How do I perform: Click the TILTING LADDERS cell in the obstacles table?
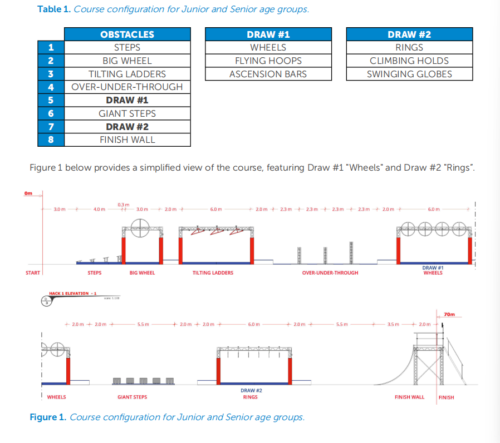tap(127, 74)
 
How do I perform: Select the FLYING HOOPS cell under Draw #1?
tap(268, 61)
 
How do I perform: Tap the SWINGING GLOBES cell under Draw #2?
tap(409, 74)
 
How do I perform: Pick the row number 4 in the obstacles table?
tap(51, 87)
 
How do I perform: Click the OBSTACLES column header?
tap(127, 34)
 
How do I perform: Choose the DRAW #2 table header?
tap(409, 34)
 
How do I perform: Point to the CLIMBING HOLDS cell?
tap(409, 61)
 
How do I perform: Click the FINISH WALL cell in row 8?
tap(127, 140)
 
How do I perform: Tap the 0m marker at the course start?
tap(28, 193)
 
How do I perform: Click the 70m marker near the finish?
tap(449, 315)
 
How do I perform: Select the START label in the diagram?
tap(33, 273)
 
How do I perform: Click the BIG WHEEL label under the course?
tap(142, 273)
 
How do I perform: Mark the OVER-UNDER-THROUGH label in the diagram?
tap(330, 273)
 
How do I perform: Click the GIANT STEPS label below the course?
tap(132, 397)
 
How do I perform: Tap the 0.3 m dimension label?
tap(123, 205)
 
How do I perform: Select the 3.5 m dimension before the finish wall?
tap(393, 324)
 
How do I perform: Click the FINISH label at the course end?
tap(446, 397)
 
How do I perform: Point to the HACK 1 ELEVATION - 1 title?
tap(73, 293)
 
